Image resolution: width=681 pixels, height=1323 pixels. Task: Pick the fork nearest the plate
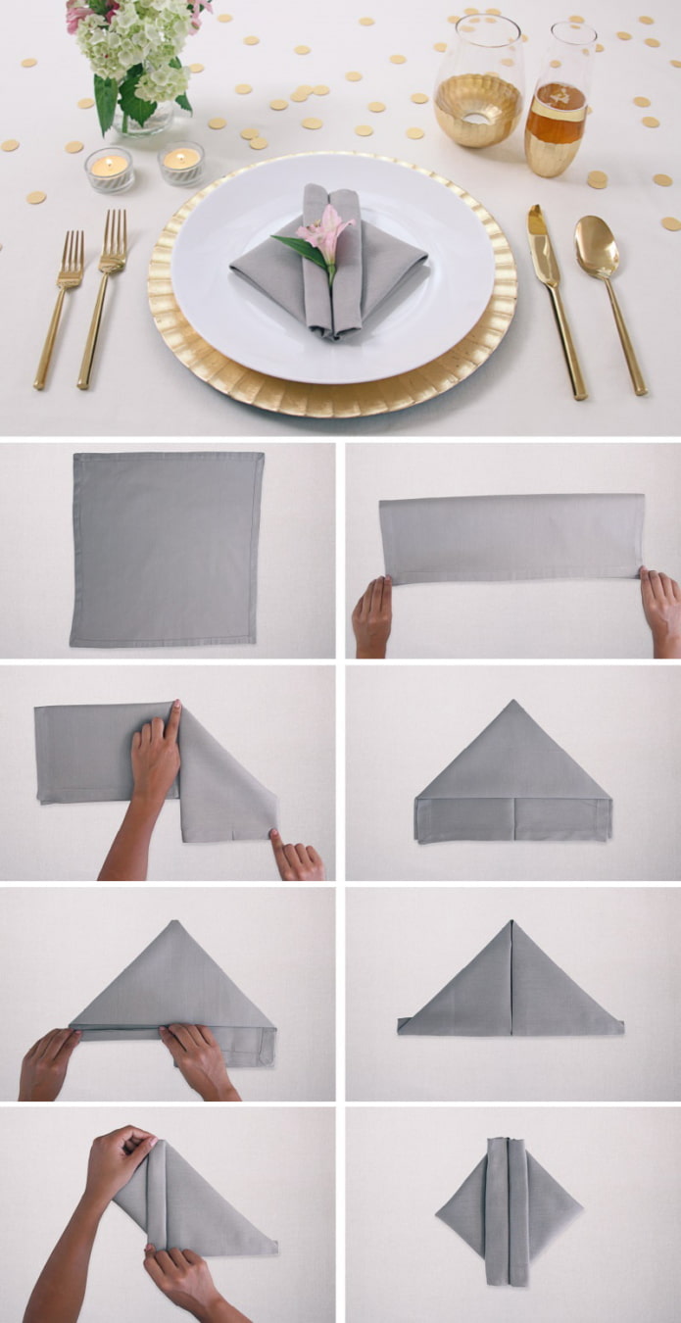tap(103, 299)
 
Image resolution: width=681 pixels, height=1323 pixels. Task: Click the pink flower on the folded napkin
tap(325, 235)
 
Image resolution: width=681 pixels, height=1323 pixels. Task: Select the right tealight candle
tap(181, 163)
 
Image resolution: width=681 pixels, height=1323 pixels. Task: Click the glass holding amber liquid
tap(559, 108)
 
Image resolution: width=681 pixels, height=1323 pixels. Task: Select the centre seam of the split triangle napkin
tap(511, 980)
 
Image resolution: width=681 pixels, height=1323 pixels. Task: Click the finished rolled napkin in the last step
tap(508, 1209)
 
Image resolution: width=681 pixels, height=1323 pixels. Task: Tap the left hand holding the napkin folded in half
tap(372, 612)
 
